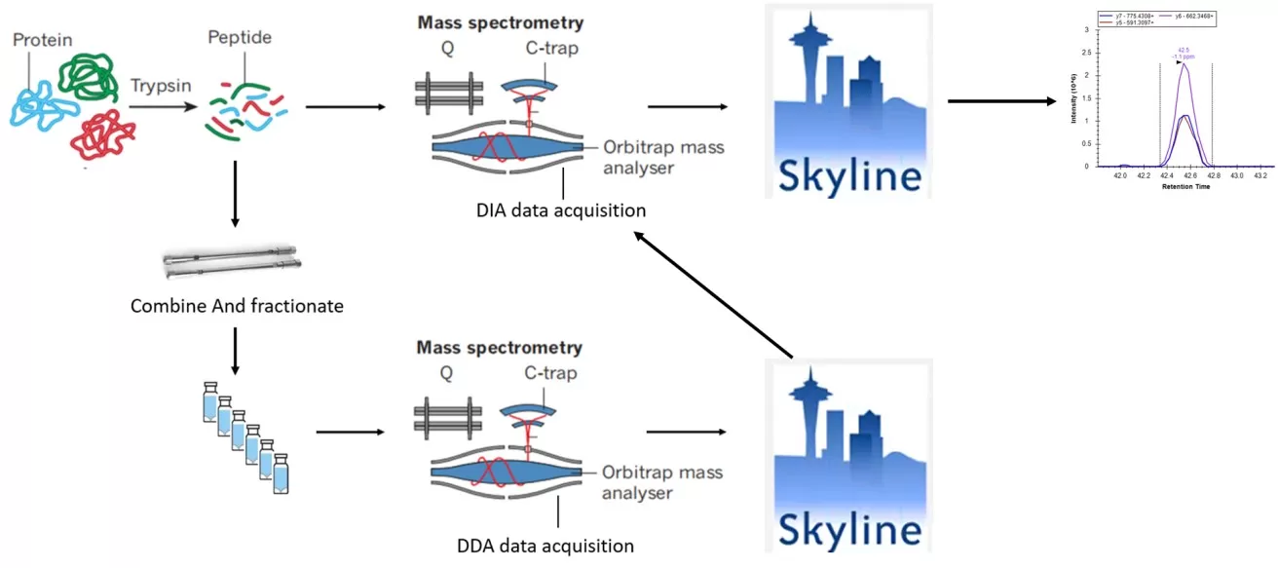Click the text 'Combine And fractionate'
[237, 306]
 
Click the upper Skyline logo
[847, 101]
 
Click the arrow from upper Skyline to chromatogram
[1003, 100]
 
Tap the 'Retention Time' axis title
[1185, 186]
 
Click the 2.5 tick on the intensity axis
[1085, 53]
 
